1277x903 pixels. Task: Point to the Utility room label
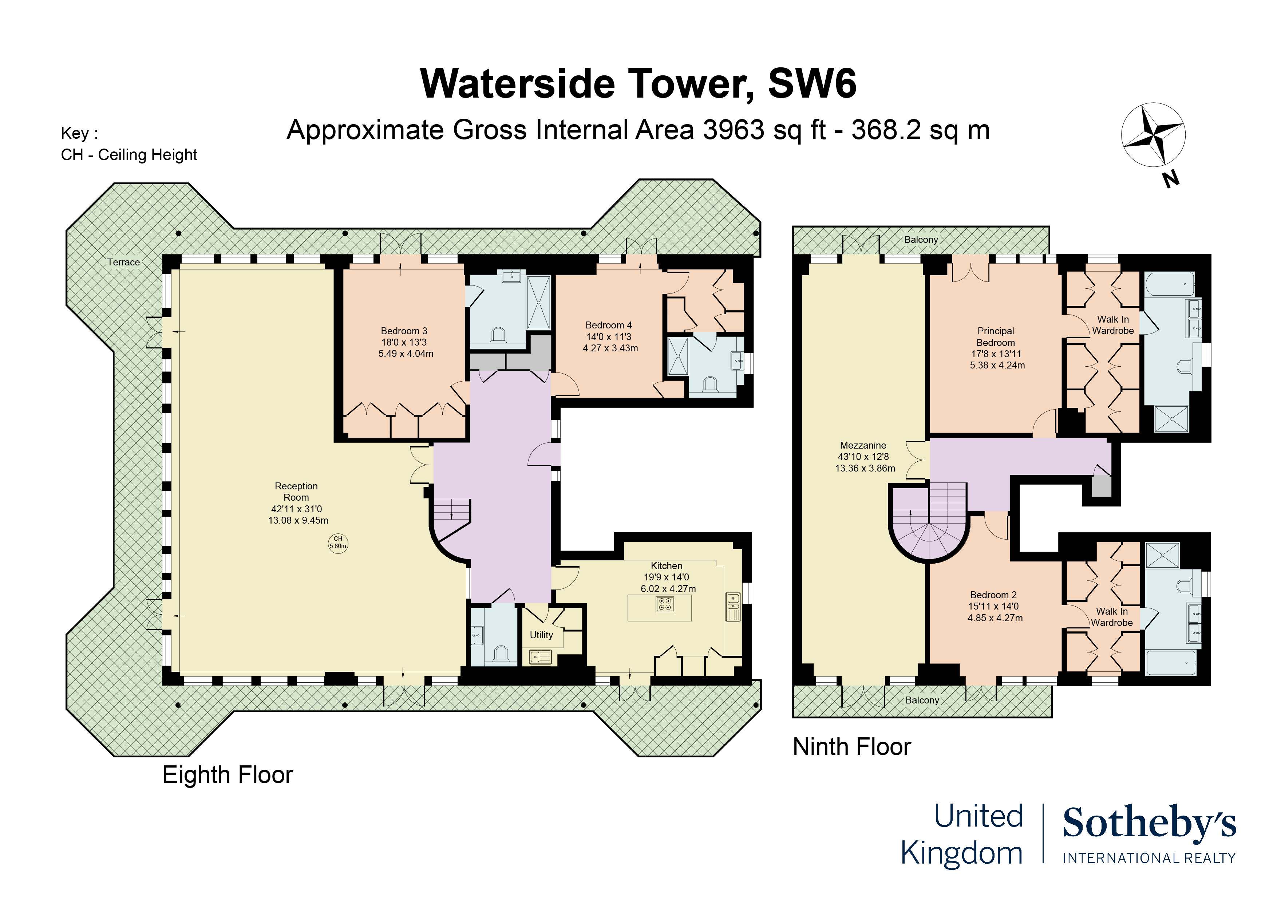point(541,635)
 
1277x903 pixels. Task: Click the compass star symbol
point(1153,134)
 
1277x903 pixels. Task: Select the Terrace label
point(123,262)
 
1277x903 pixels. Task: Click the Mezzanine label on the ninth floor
point(863,445)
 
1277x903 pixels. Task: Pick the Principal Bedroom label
point(996,336)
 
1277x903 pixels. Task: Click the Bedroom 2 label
point(993,595)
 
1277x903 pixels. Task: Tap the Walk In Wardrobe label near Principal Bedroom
point(1113,325)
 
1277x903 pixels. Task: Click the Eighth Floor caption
point(228,774)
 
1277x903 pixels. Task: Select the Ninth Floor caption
point(851,747)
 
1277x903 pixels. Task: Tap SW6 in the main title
point(812,83)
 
